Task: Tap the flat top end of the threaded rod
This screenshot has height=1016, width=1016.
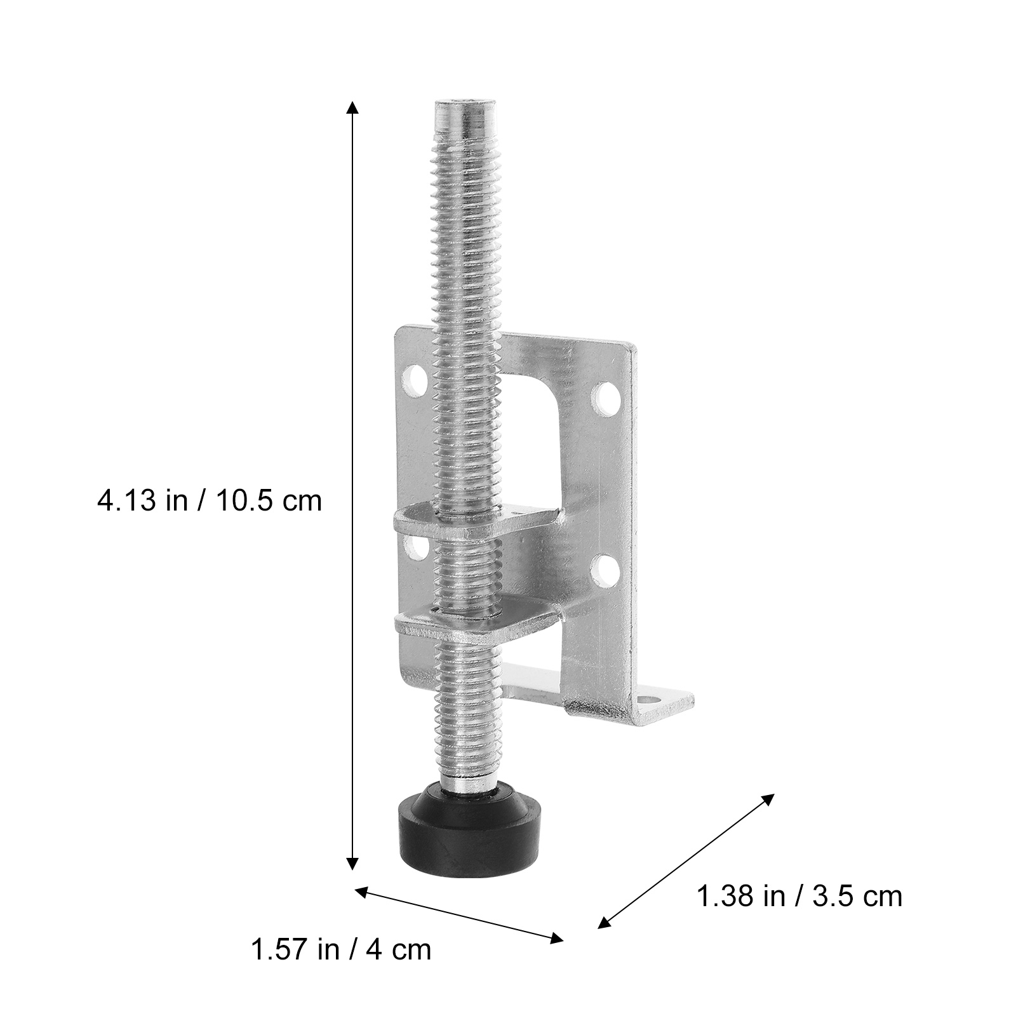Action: (x=465, y=104)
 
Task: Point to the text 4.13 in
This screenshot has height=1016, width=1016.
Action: (x=142, y=501)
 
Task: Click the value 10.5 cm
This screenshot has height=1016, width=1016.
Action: (x=271, y=501)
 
